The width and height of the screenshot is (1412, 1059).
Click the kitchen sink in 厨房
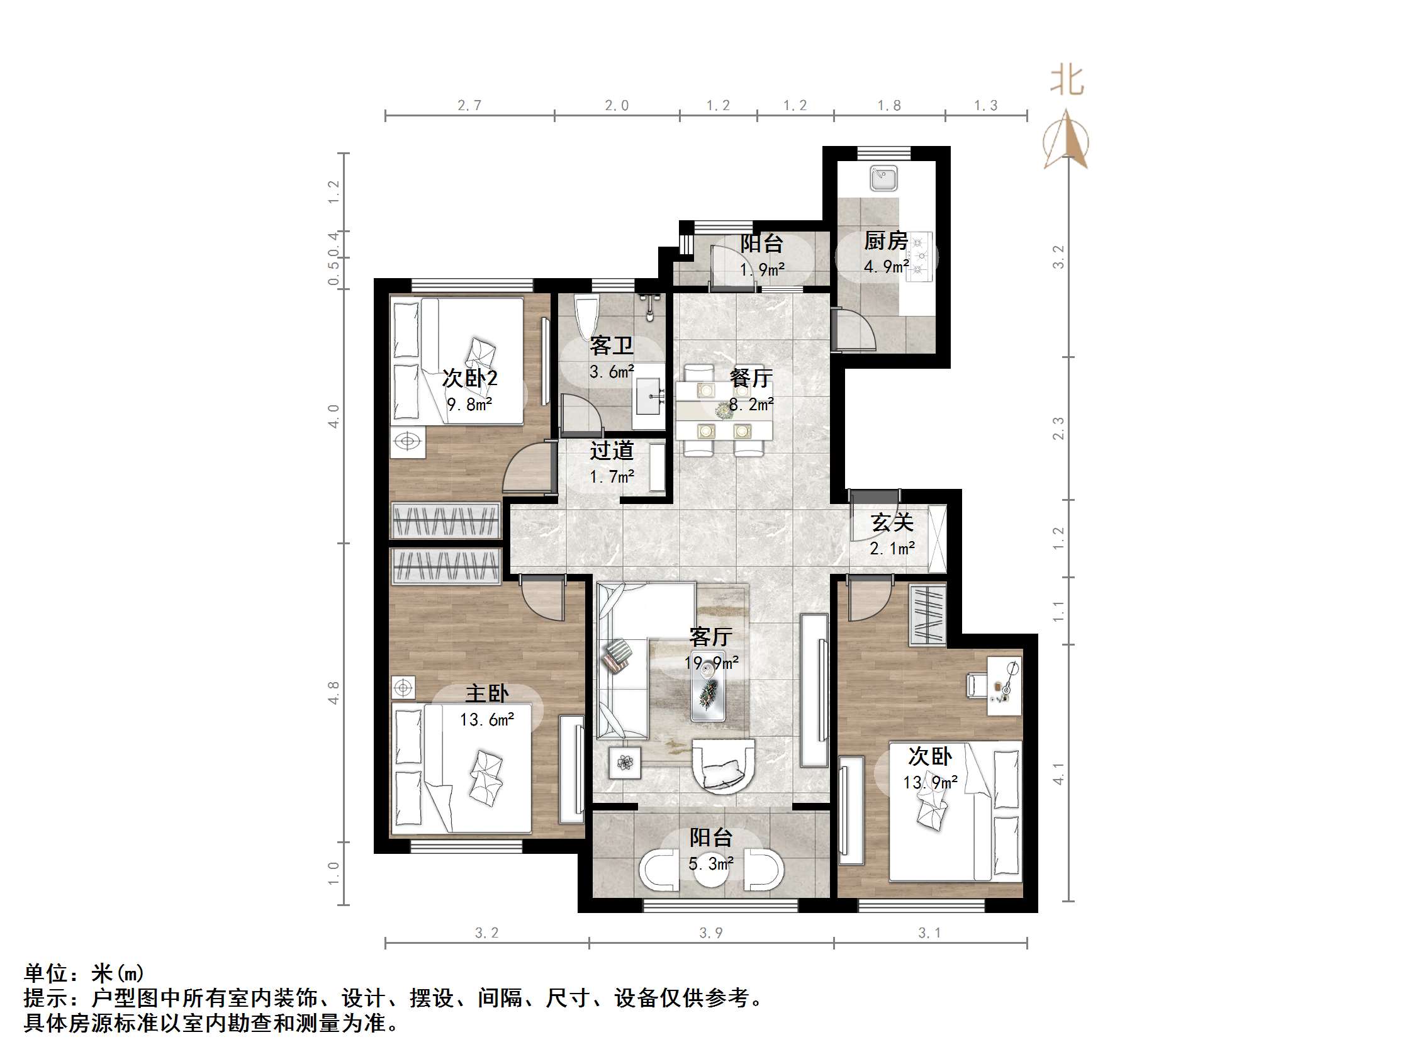884,178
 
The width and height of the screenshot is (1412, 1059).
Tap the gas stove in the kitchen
919,256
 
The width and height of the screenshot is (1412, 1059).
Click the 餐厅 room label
751,378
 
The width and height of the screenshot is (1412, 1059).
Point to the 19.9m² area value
711,663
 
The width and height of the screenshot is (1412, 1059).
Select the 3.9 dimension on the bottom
710,933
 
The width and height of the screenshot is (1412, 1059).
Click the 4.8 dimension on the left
333,693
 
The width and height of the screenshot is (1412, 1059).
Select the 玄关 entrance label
892,523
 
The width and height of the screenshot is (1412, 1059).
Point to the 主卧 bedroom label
486,694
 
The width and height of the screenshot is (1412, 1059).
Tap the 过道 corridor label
611,451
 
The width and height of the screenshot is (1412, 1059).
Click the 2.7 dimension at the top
469,105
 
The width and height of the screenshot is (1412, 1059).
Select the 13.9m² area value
930,783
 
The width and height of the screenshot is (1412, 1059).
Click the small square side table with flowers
624,762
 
